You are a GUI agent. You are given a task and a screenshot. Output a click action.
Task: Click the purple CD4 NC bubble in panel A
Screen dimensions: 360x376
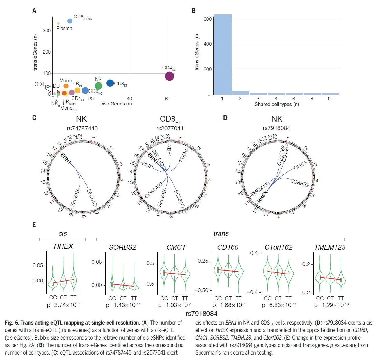point(169,76)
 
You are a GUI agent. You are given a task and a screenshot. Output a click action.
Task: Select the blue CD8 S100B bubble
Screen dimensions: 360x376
point(70,21)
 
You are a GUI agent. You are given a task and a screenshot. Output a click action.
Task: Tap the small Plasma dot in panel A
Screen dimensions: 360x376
point(58,24)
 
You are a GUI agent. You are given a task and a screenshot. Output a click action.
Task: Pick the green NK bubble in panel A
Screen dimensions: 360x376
point(99,86)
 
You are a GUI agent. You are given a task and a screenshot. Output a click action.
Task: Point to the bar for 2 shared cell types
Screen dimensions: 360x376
point(240,93)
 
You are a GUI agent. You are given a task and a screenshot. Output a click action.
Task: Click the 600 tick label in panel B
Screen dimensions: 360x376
point(207,19)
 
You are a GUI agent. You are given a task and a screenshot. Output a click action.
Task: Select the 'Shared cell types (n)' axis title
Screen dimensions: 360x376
point(277,104)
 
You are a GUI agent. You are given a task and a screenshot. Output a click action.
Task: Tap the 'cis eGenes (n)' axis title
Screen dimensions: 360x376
point(116,104)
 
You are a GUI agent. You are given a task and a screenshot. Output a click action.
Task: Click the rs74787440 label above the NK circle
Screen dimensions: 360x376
point(82,128)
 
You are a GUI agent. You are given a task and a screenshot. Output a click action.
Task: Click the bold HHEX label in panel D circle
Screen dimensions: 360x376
point(262,197)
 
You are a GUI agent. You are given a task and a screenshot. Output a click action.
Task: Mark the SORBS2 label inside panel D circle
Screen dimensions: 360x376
point(300,183)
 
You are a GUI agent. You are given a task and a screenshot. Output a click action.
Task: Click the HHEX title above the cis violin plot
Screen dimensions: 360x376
point(63,246)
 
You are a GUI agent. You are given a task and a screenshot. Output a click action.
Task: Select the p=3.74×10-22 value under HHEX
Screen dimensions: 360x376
point(64,305)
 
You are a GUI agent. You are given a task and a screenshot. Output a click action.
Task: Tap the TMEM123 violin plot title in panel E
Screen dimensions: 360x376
point(330,247)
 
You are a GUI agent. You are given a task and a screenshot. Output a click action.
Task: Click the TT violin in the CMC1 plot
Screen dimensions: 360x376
point(185,274)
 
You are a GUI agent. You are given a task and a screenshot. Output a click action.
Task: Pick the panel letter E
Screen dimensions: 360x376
point(34,225)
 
